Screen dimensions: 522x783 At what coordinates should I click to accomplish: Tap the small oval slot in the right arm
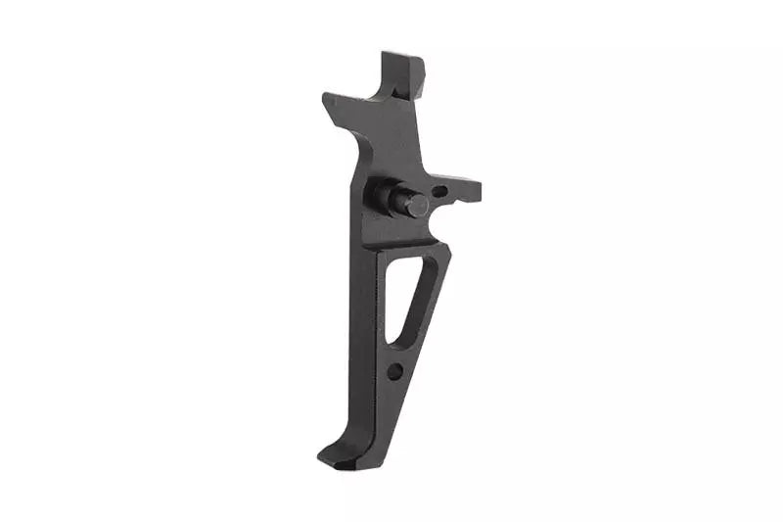[439, 192]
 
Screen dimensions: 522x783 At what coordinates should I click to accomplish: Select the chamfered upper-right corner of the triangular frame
[445, 254]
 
